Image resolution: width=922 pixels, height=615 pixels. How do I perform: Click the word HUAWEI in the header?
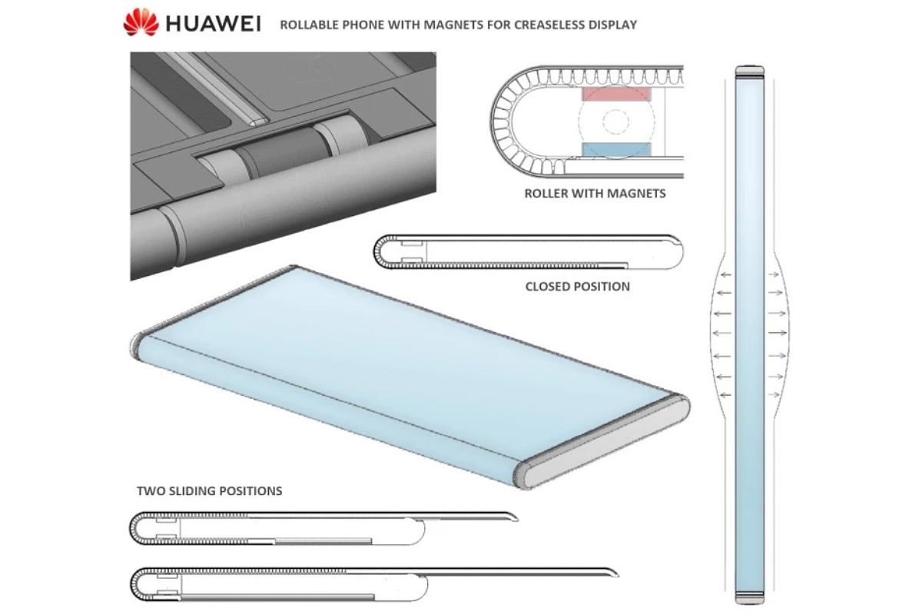click(x=213, y=24)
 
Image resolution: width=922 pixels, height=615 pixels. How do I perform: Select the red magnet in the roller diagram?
click(x=616, y=95)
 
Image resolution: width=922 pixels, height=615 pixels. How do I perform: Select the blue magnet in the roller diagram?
click(x=616, y=148)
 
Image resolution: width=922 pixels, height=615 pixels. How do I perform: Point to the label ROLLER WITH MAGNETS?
click(x=595, y=194)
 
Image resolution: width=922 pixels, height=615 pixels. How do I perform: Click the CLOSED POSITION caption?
click(x=577, y=287)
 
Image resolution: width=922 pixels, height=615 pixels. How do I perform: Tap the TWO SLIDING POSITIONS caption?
click(x=209, y=490)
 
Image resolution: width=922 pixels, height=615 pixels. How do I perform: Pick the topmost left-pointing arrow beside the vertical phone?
click(x=726, y=275)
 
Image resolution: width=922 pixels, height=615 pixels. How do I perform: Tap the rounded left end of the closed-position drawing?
click(x=378, y=251)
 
